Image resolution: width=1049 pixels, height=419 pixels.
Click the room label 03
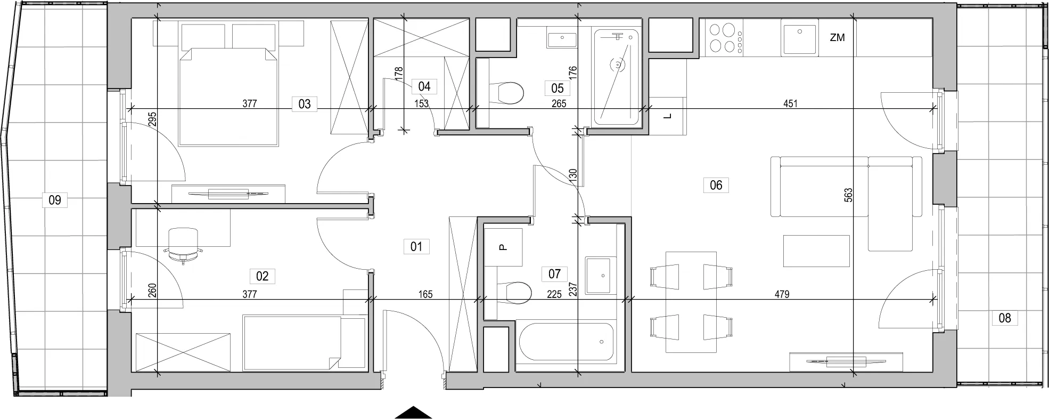304,103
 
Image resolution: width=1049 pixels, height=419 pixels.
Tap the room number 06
716,185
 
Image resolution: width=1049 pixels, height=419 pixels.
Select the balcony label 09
55,200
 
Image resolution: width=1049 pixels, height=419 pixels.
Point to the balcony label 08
1004,318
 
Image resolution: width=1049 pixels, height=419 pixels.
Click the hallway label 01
416,246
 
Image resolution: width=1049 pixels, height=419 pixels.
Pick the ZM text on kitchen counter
837,38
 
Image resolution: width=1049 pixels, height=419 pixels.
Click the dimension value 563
849,195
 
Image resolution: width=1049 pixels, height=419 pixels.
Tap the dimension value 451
790,104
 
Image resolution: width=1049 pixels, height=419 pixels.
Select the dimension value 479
782,294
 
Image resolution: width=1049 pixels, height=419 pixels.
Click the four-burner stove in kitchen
724,38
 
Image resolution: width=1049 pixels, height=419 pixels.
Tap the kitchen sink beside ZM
799,37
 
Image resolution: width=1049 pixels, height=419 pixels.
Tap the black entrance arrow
413,413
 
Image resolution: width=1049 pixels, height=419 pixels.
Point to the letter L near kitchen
668,116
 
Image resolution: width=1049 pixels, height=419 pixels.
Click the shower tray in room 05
617,77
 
